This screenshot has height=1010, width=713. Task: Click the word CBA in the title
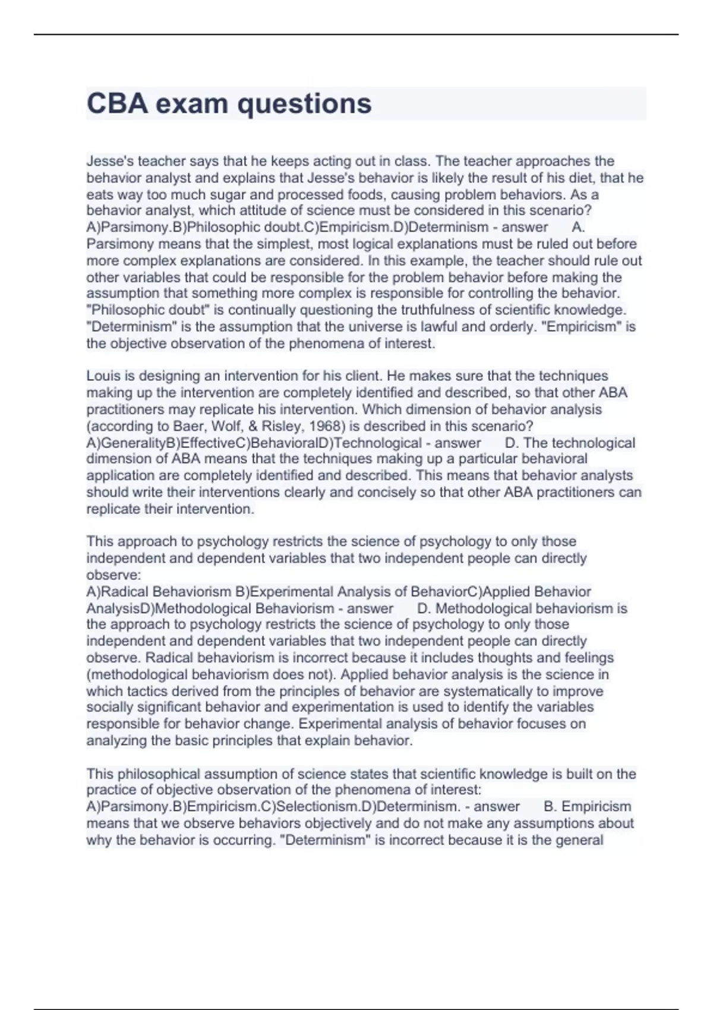coord(117,103)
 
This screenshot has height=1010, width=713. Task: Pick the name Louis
coord(103,376)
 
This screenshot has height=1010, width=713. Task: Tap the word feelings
coord(588,658)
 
